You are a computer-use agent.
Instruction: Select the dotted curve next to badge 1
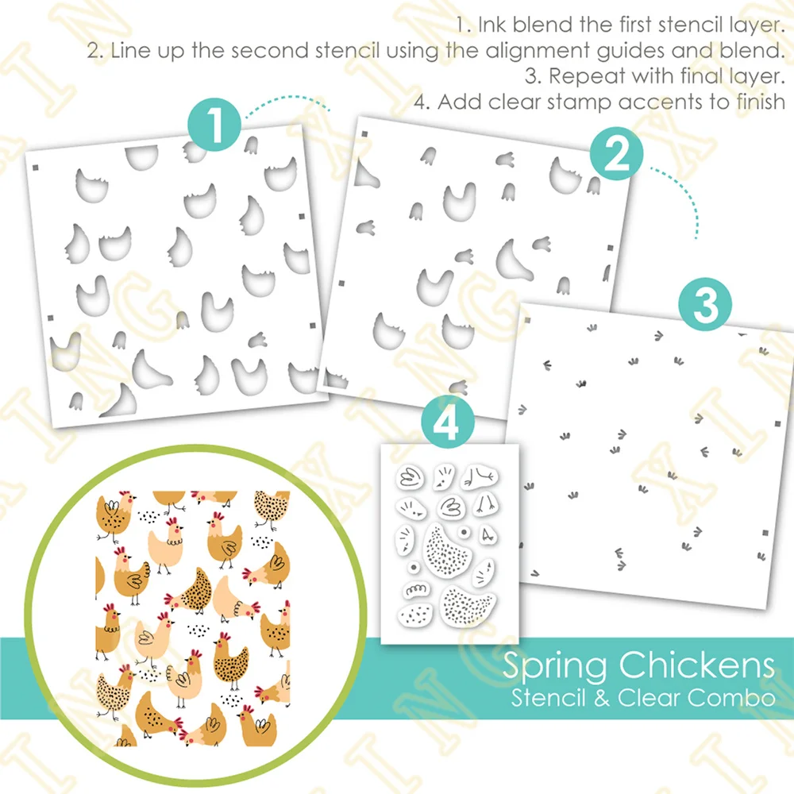pyautogui.click(x=286, y=107)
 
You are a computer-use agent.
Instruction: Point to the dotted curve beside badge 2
pyautogui.click(x=683, y=198)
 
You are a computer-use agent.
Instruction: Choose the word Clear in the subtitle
pyautogui.click(x=649, y=699)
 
